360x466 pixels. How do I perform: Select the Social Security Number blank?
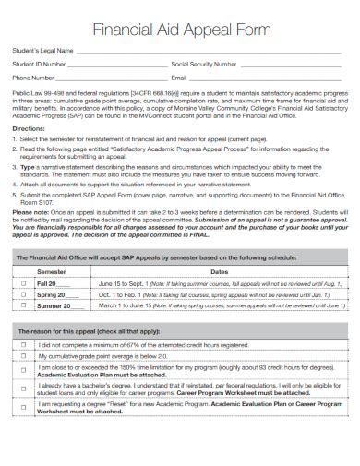pyautogui.click(x=292, y=66)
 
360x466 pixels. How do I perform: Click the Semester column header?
pyautogui.click(x=51, y=273)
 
